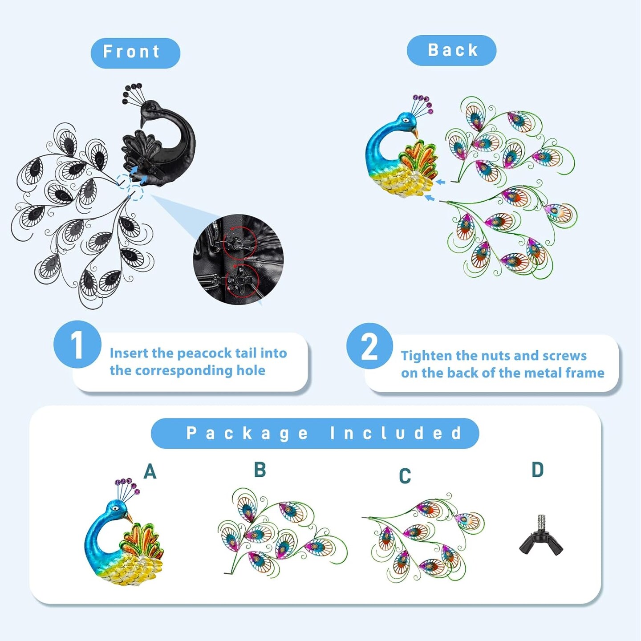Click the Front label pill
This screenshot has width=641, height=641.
(x=135, y=53)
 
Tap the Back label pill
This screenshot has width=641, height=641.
(x=451, y=50)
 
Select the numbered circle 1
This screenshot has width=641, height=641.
(x=77, y=344)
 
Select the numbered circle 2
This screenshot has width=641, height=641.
(x=369, y=345)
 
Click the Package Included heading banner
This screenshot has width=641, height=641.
(x=315, y=433)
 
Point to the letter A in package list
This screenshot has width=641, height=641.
(x=150, y=472)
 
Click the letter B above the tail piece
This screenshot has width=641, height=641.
(x=260, y=470)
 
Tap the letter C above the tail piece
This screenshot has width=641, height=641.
(x=405, y=476)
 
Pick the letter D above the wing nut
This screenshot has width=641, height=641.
(x=538, y=470)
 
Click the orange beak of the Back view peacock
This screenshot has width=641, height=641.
(x=415, y=133)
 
